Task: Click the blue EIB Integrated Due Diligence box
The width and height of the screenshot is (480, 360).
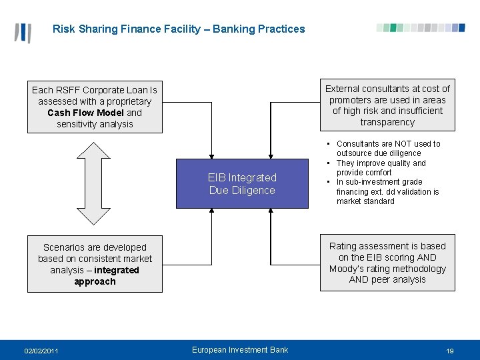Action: (242, 184)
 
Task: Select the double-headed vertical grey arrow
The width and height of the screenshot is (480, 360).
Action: (95, 183)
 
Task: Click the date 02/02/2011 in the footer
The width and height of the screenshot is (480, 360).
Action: (41, 351)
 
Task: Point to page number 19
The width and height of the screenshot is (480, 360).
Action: (450, 351)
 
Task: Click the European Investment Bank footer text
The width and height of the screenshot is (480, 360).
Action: (240, 350)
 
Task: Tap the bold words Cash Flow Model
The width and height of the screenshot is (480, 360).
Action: (85, 113)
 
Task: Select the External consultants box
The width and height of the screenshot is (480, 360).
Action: (387, 105)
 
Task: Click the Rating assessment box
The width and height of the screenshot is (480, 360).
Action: (387, 263)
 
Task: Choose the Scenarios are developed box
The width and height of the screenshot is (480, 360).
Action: (95, 264)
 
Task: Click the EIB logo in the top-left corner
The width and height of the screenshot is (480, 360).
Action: (23, 32)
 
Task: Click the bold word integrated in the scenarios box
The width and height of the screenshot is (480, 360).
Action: (117, 270)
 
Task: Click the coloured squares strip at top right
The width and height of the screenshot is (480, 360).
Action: (421, 28)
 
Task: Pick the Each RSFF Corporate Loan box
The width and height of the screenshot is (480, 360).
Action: (95, 107)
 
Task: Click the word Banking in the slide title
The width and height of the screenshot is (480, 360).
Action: (237, 29)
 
